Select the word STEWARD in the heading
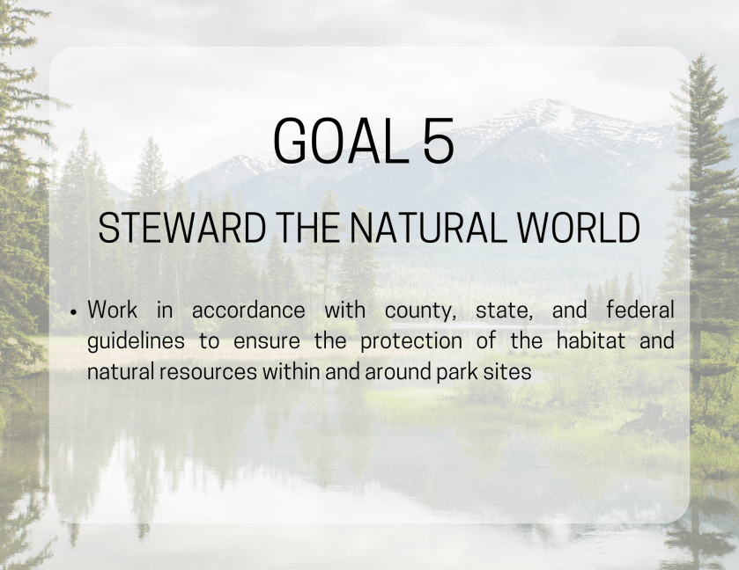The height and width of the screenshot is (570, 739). [182, 228]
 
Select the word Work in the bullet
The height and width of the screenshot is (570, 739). [113, 310]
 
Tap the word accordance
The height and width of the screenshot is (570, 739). [248, 311]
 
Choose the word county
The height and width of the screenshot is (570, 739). [420, 311]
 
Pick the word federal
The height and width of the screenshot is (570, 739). [640, 310]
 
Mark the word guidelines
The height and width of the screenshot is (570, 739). [137, 341]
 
